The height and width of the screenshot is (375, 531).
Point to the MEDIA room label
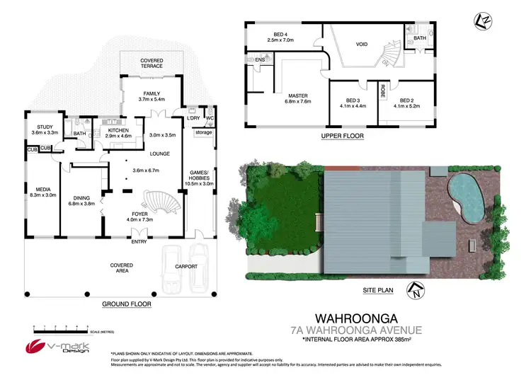44,189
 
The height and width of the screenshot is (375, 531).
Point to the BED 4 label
281,34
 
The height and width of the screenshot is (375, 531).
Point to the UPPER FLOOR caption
342,135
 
